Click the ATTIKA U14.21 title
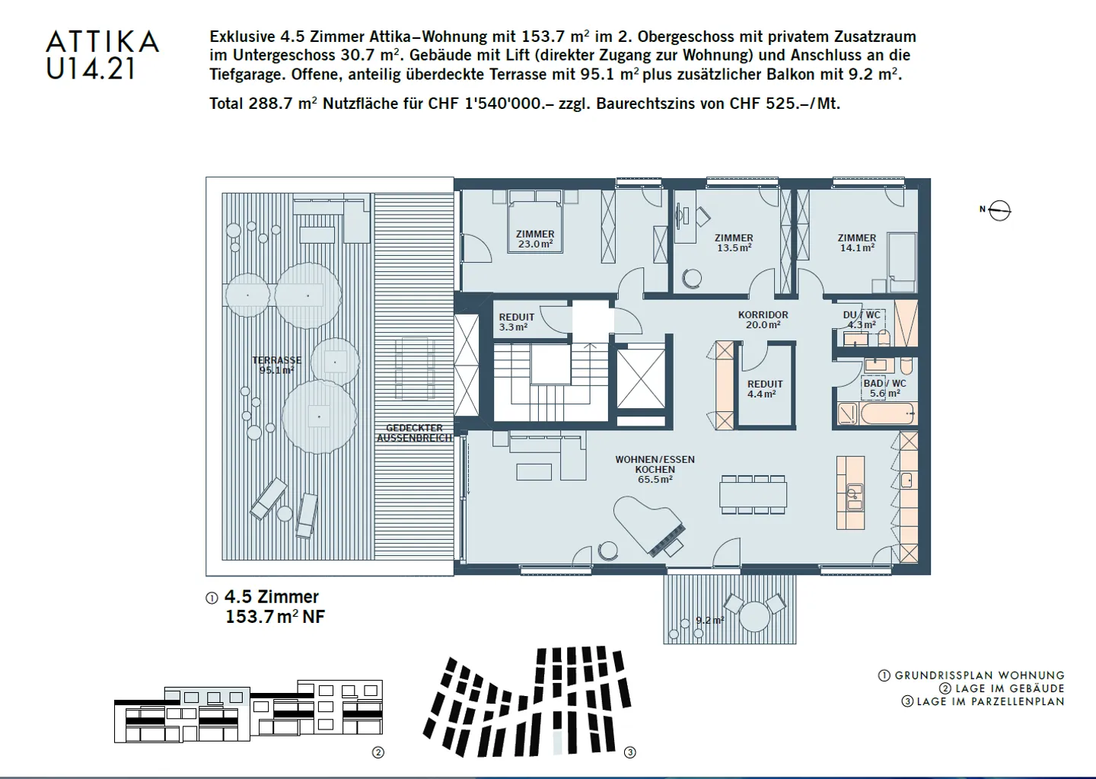[102, 54]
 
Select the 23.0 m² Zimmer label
[535, 240]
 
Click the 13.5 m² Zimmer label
[734, 243]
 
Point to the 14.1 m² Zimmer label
[857, 243]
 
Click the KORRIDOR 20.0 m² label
[763, 320]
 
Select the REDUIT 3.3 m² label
[516, 322]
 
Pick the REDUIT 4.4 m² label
[764, 389]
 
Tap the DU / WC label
[862, 320]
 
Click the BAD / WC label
[884, 388]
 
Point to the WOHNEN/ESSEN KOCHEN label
[655, 469]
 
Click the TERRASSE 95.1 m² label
[276, 366]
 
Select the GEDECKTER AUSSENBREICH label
[414, 433]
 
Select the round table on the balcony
[754, 615]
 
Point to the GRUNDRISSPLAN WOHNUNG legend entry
[972, 675]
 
